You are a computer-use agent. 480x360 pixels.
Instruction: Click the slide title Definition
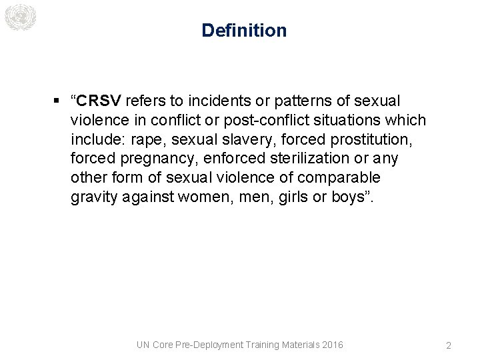(x=244, y=31)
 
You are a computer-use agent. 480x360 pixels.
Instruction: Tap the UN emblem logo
(x=19, y=17)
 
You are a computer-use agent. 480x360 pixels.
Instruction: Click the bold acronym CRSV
(x=99, y=101)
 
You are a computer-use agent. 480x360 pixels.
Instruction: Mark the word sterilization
(x=316, y=159)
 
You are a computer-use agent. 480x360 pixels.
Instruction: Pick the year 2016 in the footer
(x=332, y=345)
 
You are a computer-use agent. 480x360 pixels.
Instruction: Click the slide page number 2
(x=448, y=345)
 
